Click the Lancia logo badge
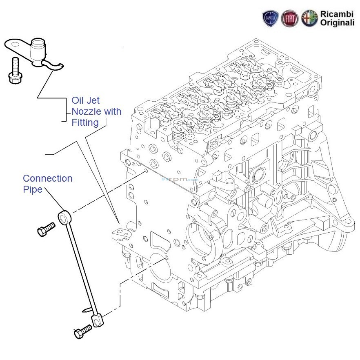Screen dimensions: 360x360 pyautogui.click(x=271, y=19)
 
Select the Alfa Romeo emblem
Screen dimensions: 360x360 pyautogui.click(x=309, y=19)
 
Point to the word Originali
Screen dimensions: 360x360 pyautogui.click(x=337, y=24)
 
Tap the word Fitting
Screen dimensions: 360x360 pyautogui.click(x=85, y=122)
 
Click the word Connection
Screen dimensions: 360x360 pyautogui.click(x=48, y=178)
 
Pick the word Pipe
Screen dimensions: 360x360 pyautogui.click(x=33, y=189)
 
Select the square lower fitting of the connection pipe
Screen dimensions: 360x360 pyautogui.click(x=96, y=320)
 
